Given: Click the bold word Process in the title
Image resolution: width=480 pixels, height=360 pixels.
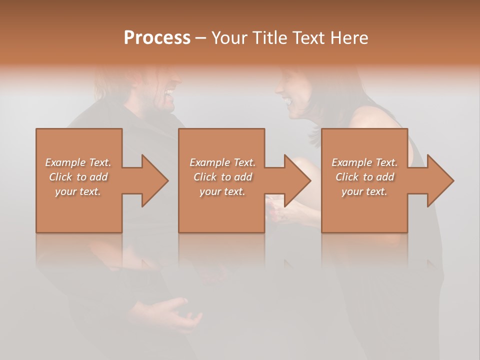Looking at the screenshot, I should click(157, 38).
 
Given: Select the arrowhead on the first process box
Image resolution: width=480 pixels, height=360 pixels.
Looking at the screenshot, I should click(154, 180).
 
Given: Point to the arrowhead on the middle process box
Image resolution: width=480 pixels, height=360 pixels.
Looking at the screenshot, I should click(296, 180).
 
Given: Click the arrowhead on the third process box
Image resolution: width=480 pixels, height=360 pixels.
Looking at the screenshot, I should click(439, 180).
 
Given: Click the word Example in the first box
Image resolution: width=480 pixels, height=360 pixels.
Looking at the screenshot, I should click(65, 162).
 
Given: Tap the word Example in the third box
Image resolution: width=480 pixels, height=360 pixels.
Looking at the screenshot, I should click(351, 162).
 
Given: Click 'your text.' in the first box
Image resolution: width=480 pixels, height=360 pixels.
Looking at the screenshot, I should click(78, 191).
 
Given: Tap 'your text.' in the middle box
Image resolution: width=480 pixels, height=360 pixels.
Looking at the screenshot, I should click(222, 191).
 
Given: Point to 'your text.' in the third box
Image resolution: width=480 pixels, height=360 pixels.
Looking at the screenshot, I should click(364, 191).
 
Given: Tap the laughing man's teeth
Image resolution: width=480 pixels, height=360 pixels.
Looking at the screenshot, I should click(170, 93).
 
